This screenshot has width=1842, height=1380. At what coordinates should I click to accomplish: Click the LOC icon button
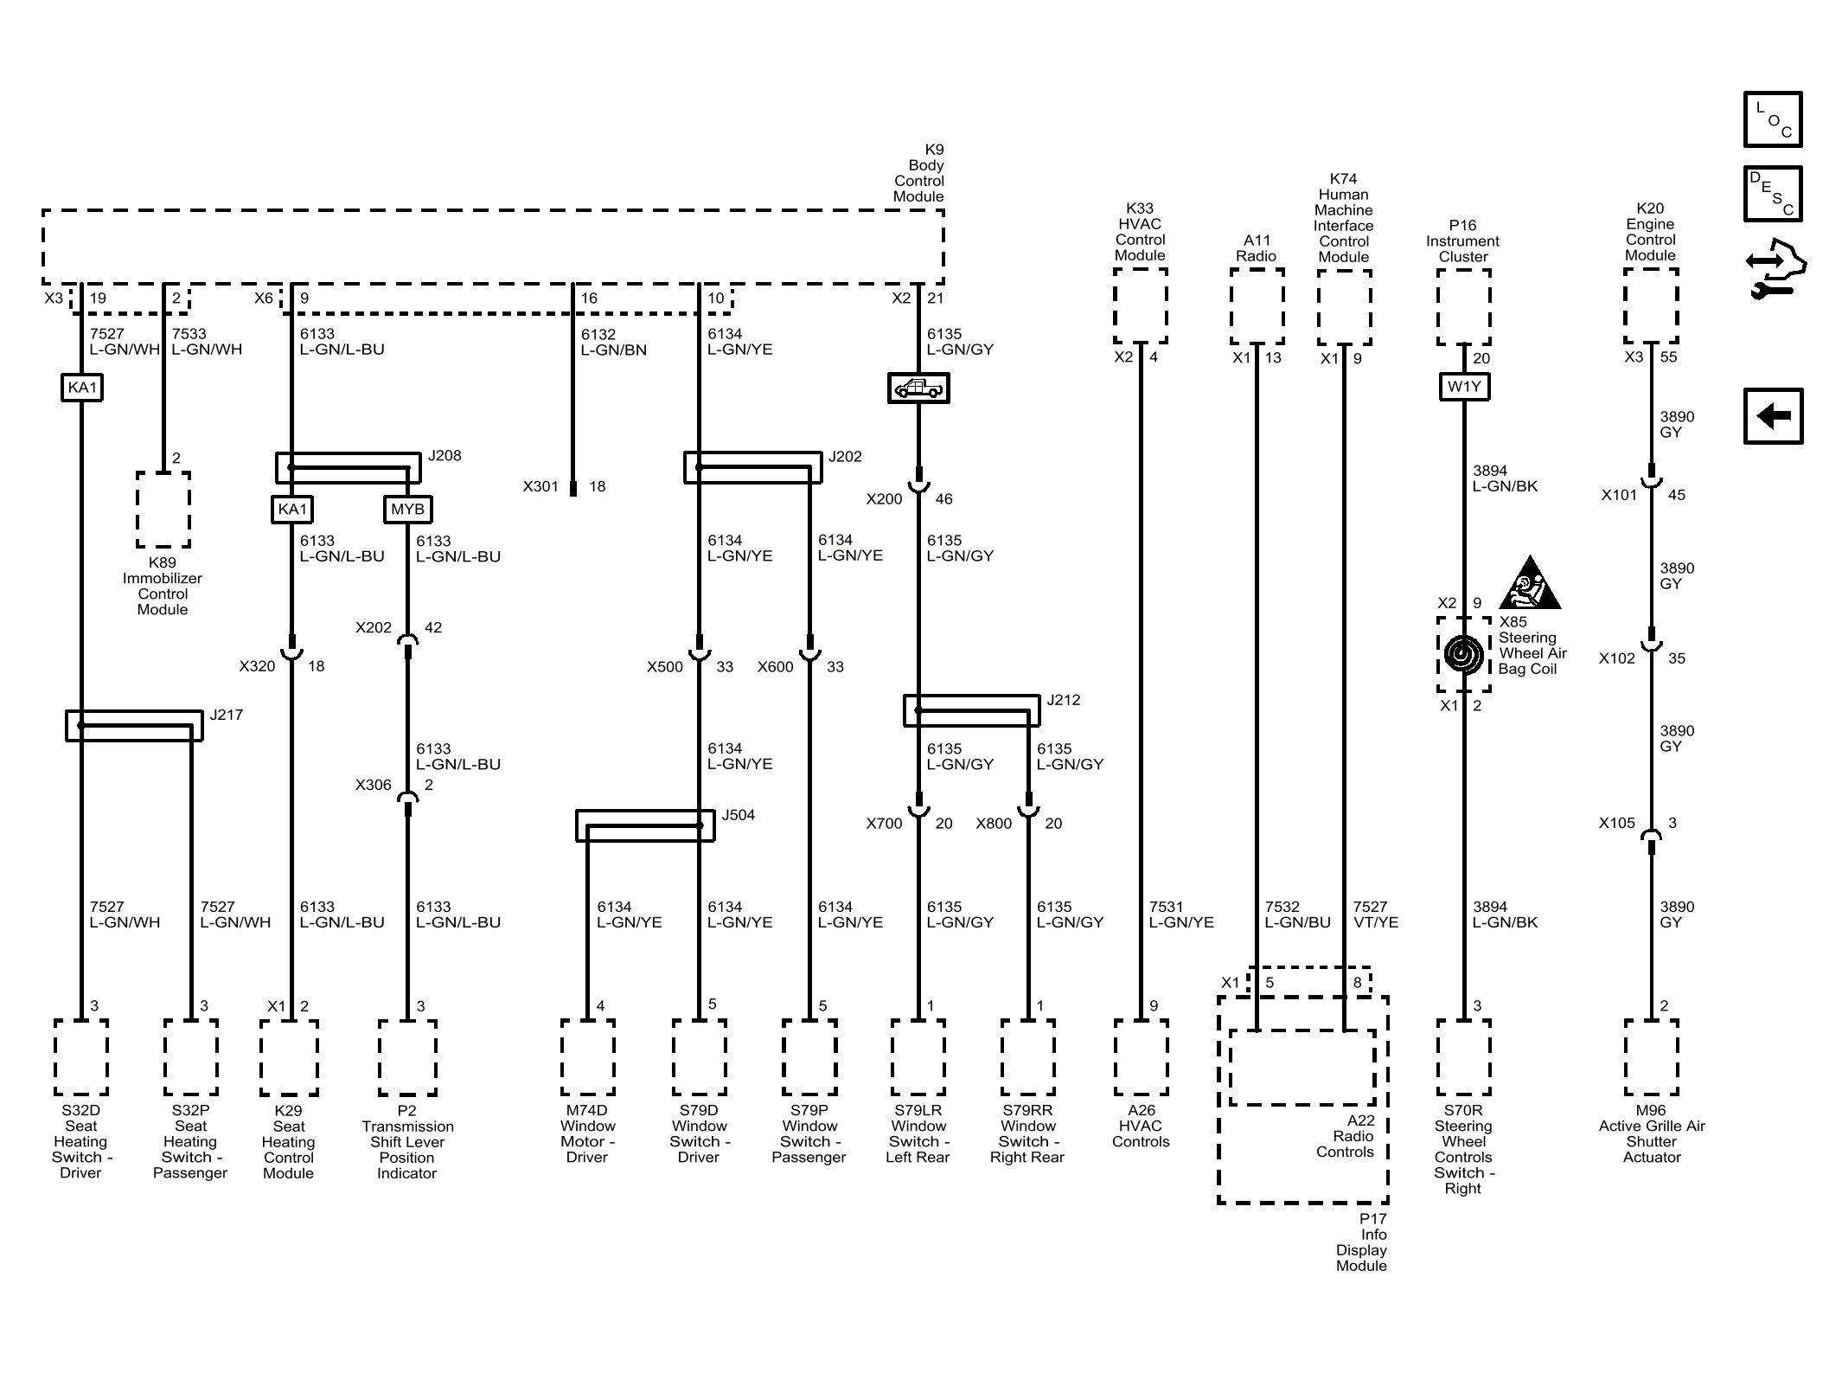pos(1772,119)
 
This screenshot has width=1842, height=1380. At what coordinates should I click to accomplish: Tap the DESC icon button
pos(1772,194)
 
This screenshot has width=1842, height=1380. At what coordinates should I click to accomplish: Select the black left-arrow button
pos(1772,416)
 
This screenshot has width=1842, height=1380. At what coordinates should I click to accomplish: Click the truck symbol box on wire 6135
pos(918,388)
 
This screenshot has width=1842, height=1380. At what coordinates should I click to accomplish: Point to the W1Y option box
pos(1463,386)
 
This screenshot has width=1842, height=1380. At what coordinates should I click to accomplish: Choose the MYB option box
pos(407,509)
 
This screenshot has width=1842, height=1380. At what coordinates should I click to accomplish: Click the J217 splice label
pos(226,715)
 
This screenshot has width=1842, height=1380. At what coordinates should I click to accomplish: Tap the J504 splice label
pos(738,815)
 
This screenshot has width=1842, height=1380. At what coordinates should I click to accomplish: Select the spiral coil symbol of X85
pos(1462,654)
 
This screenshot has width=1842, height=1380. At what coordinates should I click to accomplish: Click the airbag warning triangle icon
pos(1529,585)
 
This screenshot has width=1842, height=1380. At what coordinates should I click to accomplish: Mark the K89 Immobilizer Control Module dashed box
pos(163,510)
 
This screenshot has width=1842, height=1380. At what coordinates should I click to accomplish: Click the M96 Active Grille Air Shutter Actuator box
pos(1650,1057)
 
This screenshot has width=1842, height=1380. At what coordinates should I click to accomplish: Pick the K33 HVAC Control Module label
pos(1139,232)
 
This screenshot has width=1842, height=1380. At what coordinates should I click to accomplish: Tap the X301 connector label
pos(540,486)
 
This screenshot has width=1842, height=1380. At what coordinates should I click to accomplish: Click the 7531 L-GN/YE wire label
pos(1180,915)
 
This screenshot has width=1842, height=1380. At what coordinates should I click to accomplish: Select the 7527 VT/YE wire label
pos(1375,915)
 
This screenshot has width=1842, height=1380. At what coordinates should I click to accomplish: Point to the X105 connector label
pos(1616,823)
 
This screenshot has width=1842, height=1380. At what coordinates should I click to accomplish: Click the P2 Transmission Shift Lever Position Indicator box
pos(406,1057)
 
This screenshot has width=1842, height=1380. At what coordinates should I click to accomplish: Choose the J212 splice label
pos(1063,700)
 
